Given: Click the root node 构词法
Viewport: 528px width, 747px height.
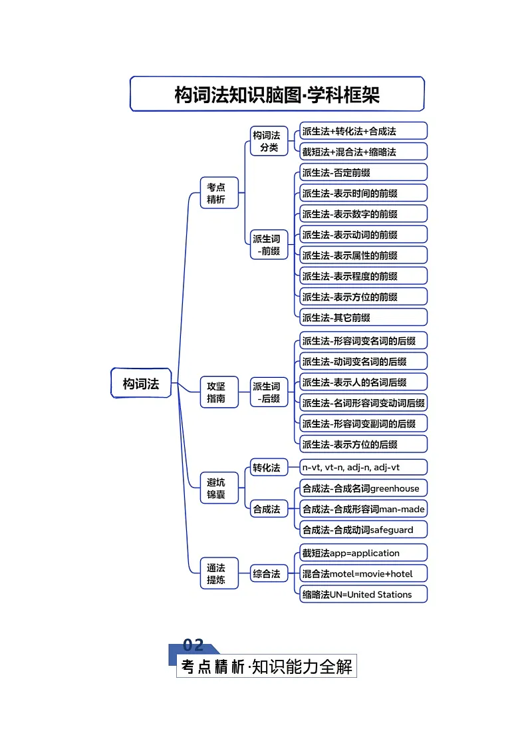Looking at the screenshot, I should pos(141,384).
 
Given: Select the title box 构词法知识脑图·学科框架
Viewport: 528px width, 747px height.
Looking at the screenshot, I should pos(277,94).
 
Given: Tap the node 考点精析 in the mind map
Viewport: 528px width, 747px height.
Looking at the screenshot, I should pos(216,193).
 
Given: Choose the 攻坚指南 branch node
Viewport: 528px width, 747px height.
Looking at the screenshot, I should pos(216,392).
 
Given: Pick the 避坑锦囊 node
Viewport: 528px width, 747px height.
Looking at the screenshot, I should pos(216,488).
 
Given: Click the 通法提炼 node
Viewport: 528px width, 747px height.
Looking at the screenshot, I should pos(216,573).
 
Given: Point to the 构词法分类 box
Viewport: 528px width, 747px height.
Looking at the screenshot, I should pos(269,141).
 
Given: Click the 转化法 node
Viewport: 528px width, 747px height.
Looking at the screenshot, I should pos(266,468).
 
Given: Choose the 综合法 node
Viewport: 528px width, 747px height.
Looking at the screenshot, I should pos(266,573).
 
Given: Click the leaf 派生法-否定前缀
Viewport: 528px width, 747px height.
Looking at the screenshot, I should pos(363,173).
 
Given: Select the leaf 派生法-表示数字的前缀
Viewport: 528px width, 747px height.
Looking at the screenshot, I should pos(363,214).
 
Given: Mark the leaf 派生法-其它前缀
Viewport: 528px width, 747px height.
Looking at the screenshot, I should pos(363,317).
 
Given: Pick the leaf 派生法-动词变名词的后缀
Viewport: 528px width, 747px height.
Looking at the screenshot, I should pos(363,362).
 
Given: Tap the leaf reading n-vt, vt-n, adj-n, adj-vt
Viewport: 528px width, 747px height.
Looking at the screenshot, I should pos(363,468).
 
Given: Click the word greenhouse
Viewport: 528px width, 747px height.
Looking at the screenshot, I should pos(395,488).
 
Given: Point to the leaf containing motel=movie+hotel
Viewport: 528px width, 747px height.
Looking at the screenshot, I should pos(363,573).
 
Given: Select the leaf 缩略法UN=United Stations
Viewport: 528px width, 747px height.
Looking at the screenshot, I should pos(363,594).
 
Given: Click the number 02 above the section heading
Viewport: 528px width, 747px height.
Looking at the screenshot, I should pos(193,645).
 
